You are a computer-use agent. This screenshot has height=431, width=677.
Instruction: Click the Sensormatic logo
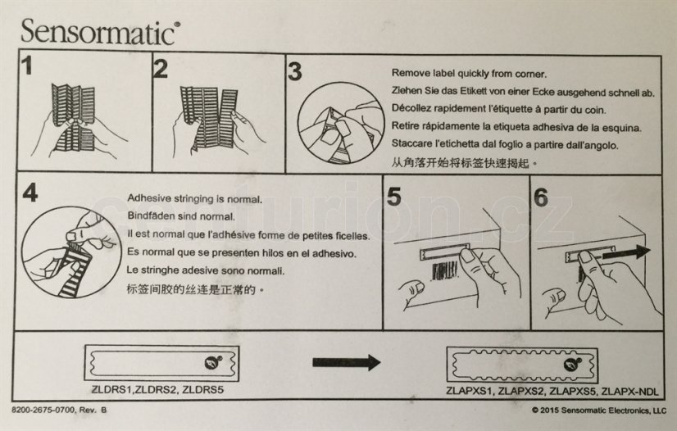pyautogui.click(x=100, y=31)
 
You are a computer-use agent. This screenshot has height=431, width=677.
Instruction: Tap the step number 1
pyautogui.click(x=27, y=66)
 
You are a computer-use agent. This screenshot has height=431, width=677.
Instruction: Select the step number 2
pyautogui.click(x=161, y=69)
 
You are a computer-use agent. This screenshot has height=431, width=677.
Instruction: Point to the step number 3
pyautogui.click(x=295, y=71)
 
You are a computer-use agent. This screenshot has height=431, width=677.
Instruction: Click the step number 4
pyautogui.click(x=30, y=193)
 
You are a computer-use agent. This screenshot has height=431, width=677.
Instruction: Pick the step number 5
pyautogui.click(x=394, y=197)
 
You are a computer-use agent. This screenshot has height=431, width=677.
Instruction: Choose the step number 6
pyautogui.click(x=541, y=197)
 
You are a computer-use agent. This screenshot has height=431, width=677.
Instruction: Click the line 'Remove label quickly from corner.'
pyautogui.click(x=469, y=74)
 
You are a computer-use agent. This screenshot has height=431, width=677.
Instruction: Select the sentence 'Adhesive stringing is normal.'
pyautogui.click(x=195, y=199)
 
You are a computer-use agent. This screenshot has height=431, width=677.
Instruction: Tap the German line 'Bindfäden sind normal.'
pyautogui.click(x=181, y=216)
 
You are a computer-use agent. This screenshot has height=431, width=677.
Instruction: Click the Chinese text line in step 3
pyautogui.click(x=465, y=163)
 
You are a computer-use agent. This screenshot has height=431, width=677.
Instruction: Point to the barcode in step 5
pyautogui.click(x=445, y=271)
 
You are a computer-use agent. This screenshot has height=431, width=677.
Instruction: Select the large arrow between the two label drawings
pyautogui.click(x=346, y=362)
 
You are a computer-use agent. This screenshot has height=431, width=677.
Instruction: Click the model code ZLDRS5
pyautogui.click(x=203, y=390)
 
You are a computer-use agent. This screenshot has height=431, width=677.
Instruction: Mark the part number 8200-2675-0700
pyautogui.click(x=43, y=410)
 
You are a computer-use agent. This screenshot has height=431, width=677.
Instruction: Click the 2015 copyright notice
pyautogui.click(x=599, y=411)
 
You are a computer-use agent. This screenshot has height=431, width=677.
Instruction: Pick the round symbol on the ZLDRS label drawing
pyautogui.click(x=213, y=362)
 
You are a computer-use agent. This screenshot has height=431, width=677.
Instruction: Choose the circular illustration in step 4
pyautogui.click(x=71, y=252)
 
